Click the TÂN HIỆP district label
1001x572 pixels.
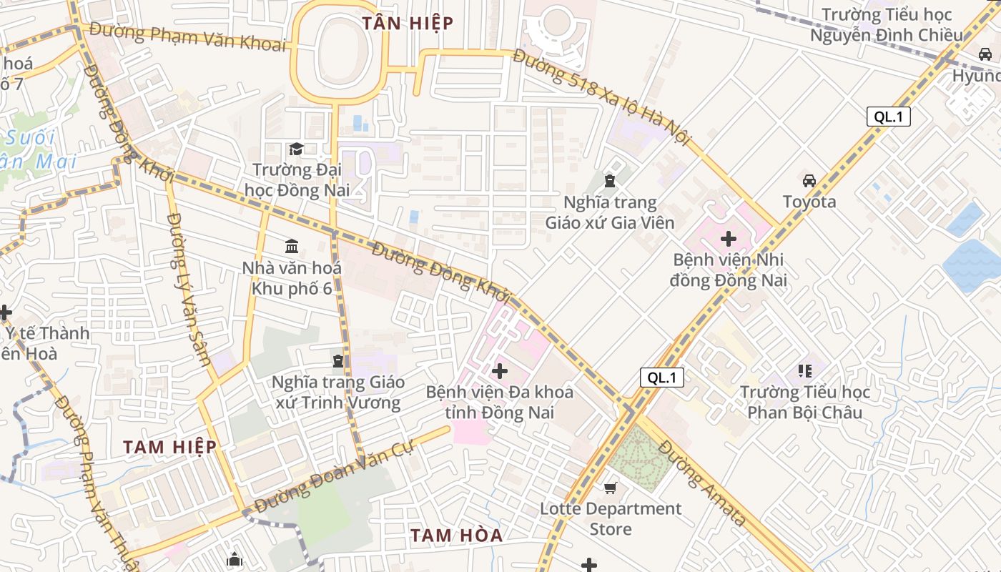tap(408, 23)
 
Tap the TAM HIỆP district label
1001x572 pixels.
tap(169, 447)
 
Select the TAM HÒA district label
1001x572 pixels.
tap(456, 535)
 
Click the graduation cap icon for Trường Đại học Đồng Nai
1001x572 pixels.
tap(295, 149)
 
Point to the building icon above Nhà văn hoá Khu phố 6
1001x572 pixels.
tap(292, 247)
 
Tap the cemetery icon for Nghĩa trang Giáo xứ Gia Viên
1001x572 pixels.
tap(609, 181)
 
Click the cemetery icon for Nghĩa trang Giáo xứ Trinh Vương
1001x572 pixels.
tap(338, 360)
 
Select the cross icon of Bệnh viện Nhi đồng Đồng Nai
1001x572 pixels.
tap(729, 238)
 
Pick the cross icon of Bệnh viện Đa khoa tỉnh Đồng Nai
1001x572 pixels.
tap(500, 371)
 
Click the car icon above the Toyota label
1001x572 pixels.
tap(809, 180)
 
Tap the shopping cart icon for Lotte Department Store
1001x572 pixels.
tap(610, 488)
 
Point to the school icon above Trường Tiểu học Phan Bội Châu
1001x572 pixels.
tap(804, 370)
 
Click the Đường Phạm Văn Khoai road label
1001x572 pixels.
tap(188, 38)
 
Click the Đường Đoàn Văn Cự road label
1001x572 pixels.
tap(334, 478)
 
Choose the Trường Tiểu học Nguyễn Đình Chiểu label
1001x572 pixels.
tap(886, 24)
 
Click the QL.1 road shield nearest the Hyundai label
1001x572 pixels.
tap(888, 117)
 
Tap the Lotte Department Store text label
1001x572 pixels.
tap(611, 518)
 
